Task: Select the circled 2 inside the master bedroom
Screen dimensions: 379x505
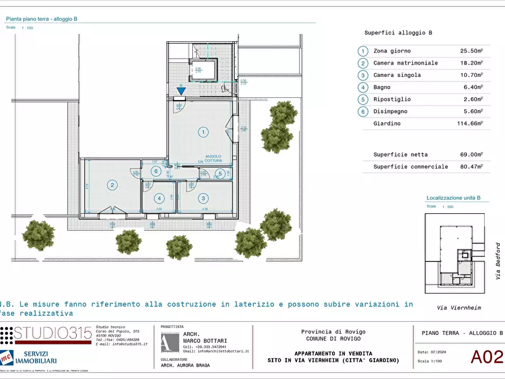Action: [113, 185]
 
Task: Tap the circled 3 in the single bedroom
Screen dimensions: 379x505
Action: [202, 198]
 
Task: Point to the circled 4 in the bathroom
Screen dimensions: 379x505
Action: [160, 198]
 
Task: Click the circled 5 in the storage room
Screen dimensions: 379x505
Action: [220, 173]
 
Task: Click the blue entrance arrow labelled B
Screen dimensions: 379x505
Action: [180, 90]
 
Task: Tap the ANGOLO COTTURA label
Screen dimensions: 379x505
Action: [213, 159]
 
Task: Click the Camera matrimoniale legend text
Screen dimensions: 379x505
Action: [405, 63]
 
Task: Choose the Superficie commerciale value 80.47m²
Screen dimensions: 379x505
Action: [471, 167]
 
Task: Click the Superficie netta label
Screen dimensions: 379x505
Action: [400, 154]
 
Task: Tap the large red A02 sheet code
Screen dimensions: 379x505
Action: [486, 357]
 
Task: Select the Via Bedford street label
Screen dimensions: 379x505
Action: [498, 261]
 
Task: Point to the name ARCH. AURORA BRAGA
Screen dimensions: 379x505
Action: [185, 365]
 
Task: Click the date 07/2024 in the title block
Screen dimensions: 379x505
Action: [439, 352]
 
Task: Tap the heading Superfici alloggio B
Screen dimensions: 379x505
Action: [398, 33]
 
